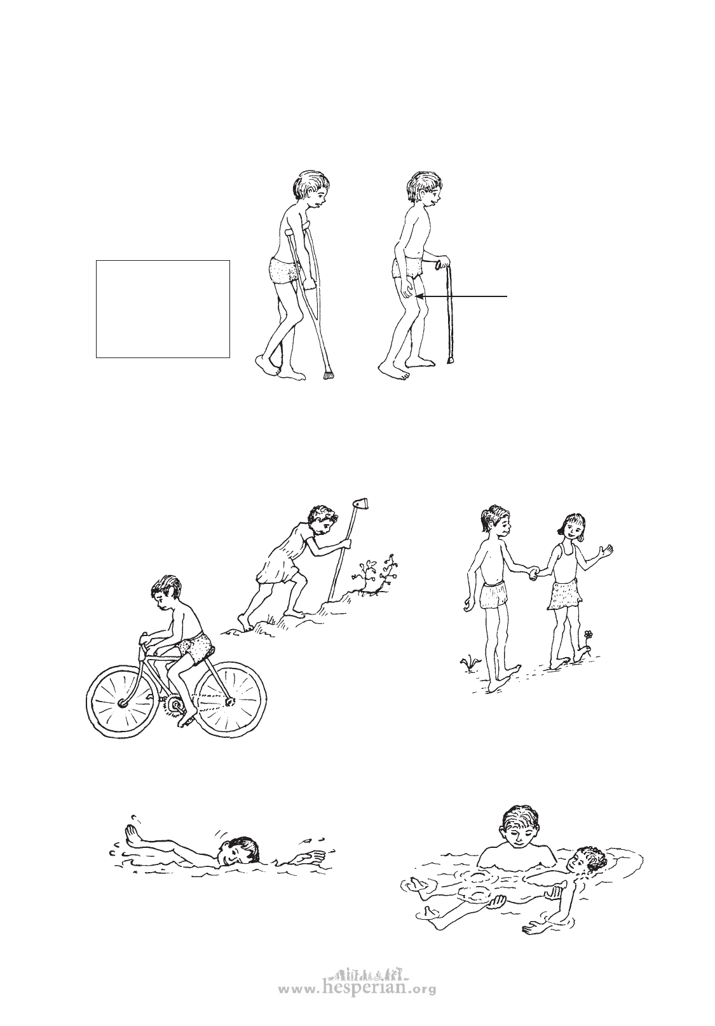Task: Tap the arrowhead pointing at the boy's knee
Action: coord(420,297)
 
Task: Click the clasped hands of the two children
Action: coord(534,573)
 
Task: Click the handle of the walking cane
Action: coord(442,264)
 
